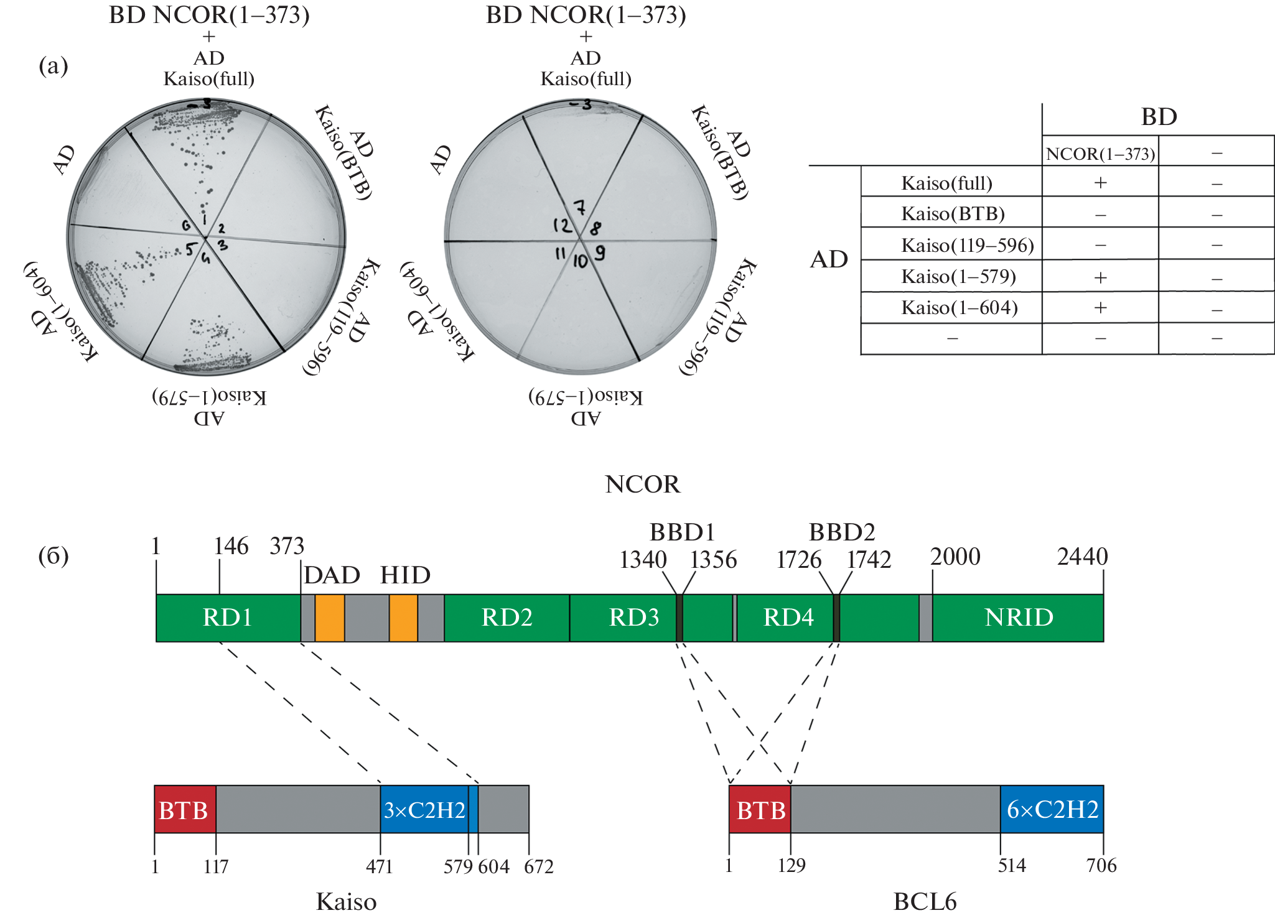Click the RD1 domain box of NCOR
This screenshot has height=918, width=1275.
click(x=228, y=618)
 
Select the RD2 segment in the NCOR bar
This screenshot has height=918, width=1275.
click(x=507, y=618)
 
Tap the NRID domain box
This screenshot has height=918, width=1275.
click(x=1018, y=618)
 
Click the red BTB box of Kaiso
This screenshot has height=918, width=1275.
click(x=184, y=810)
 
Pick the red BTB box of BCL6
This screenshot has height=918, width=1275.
click(x=760, y=810)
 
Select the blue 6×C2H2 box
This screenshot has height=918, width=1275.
click(x=1052, y=810)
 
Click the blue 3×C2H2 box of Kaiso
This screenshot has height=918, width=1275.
click(x=424, y=810)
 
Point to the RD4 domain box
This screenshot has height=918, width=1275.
click(x=788, y=618)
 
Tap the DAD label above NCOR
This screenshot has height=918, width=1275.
click(x=332, y=575)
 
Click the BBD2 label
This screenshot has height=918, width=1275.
click(x=841, y=532)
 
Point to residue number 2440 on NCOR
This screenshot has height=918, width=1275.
click(x=1082, y=557)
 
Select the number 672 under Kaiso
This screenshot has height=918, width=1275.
click(x=538, y=866)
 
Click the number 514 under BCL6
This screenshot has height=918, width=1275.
click(x=1012, y=866)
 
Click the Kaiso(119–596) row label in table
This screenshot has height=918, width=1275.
click(x=967, y=246)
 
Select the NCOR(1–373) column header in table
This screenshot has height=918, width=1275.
click(x=1100, y=154)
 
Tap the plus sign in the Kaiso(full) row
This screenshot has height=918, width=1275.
click(x=1100, y=183)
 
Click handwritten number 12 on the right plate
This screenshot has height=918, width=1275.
click(x=562, y=225)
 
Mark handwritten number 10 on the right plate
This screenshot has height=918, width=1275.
click(x=580, y=261)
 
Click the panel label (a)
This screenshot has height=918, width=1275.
click(x=54, y=65)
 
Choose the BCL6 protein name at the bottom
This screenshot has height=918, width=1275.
click(x=925, y=901)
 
